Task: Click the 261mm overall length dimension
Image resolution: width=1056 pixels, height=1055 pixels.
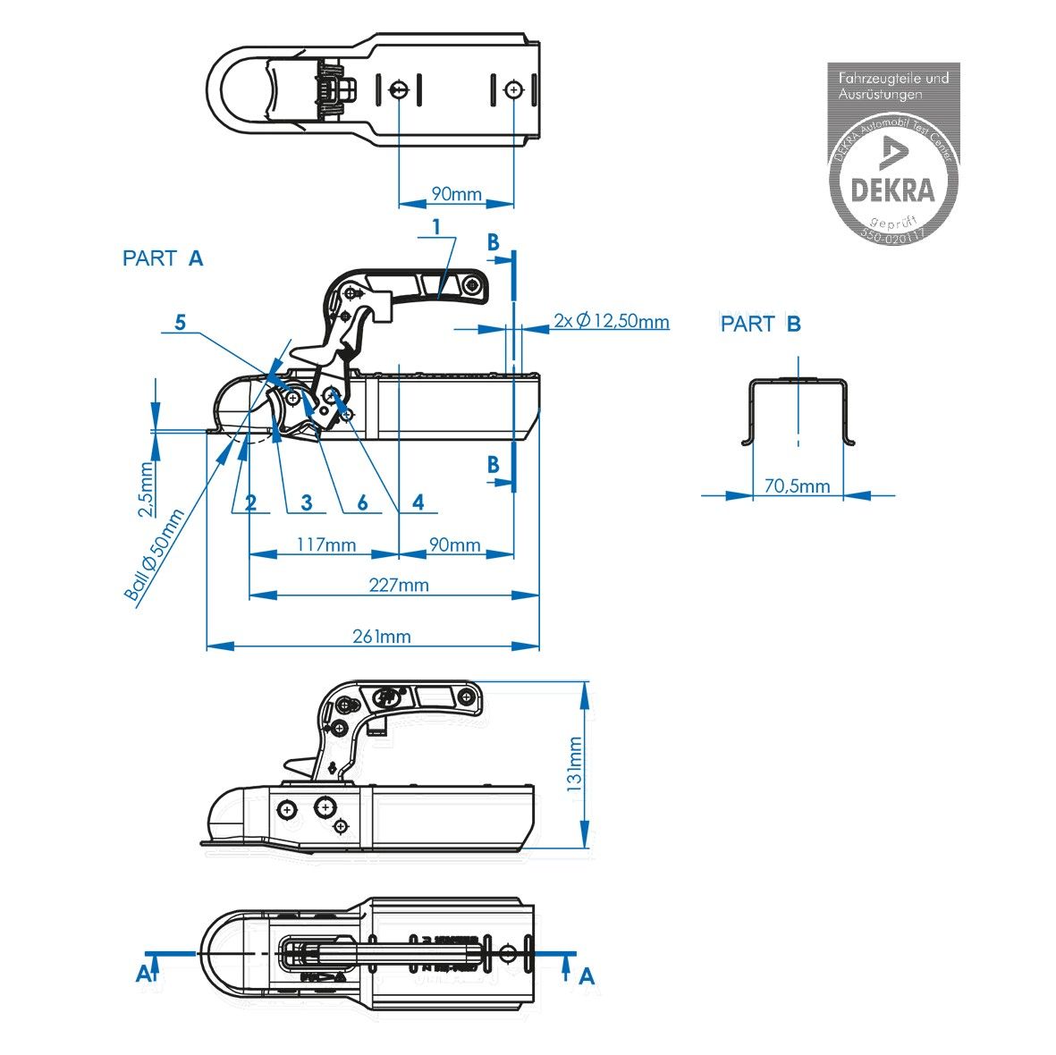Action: click(382, 637)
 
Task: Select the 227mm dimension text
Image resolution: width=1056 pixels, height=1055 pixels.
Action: click(399, 586)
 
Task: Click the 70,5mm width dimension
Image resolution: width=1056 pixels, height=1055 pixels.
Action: click(798, 486)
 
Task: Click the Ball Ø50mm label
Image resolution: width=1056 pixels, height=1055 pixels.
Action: click(154, 556)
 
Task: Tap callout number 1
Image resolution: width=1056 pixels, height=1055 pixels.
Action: click(436, 227)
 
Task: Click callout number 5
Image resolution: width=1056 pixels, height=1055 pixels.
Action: click(181, 322)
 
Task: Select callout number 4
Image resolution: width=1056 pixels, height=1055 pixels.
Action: click(418, 502)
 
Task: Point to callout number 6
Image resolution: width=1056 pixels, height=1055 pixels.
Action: click(362, 502)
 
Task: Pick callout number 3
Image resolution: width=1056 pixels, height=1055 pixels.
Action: click(307, 502)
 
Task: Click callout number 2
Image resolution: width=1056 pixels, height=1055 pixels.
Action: click(251, 502)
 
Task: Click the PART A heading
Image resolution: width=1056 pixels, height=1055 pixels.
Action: click(163, 258)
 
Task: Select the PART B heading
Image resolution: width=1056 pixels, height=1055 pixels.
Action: click(761, 324)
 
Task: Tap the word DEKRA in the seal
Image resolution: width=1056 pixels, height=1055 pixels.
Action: click(891, 190)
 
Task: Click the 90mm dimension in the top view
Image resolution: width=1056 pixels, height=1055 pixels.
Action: click(456, 194)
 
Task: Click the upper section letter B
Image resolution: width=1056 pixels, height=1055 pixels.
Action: click(493, 241)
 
